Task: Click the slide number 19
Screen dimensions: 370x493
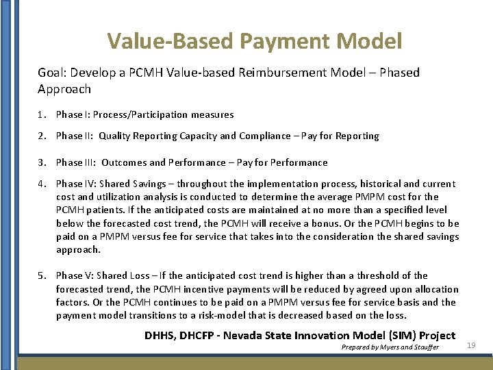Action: pos(470,346)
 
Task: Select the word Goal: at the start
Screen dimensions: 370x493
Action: pos(52,73)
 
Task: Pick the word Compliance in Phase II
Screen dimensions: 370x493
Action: pos(265,136)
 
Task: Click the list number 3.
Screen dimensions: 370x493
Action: pos(41,162)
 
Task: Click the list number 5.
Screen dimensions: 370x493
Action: pos(41,275)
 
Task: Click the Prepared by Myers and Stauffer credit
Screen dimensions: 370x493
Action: pos(390,347)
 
